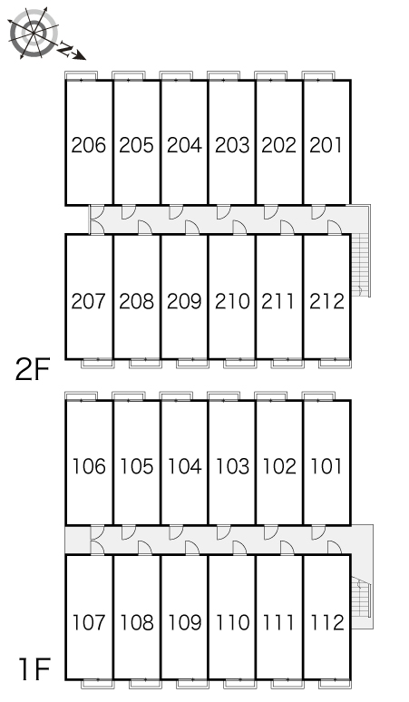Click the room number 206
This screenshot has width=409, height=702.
89,145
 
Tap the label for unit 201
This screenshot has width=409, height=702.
326,145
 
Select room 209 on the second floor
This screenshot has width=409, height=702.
184,301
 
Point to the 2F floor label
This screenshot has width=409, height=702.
32,370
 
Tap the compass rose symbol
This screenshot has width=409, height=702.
34,33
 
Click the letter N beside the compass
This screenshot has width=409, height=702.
64,48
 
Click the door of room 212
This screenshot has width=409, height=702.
335,228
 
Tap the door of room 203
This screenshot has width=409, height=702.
223,212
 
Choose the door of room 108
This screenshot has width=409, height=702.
144,548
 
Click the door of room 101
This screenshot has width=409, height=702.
318,532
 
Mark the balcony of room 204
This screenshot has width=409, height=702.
176,75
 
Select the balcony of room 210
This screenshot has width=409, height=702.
239,363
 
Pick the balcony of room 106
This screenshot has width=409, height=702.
81,396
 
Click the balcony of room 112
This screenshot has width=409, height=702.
335,684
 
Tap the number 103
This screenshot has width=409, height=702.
232,466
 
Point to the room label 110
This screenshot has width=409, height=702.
232,622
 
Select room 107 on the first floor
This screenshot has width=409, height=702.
89,622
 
